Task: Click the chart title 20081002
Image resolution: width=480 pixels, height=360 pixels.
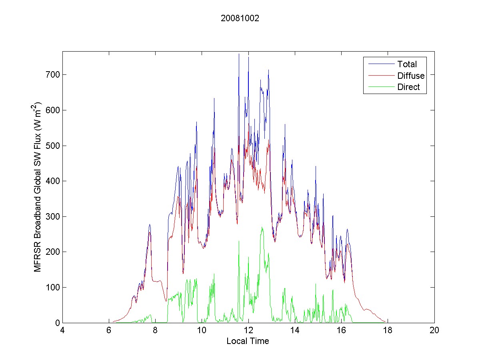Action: pyautogui.click(x=240, y=18)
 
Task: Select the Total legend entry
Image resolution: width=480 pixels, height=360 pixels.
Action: pyautogui.click(x=407, y=64)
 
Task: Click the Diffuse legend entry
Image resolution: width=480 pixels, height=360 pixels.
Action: pyautogui.click(x=411, y=76)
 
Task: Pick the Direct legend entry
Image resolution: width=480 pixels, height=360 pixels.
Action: pyautogui.click(x=408, y=88)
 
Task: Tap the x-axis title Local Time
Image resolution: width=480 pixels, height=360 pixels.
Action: pyautogui.click(x=248, y=341)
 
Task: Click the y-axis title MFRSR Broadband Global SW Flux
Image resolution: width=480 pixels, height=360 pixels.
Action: pyautogui.click(x=38, y=187)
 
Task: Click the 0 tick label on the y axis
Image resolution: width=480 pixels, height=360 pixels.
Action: pyautogui.click(x=57, y=323)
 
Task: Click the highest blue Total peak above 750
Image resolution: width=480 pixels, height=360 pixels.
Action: pyautogui.click(x=239, y=54)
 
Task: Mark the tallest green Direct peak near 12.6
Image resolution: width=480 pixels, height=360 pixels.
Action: pyautogui.click(x=262, y=227)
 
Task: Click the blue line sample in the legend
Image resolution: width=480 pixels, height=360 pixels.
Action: pyautogui.click(x=380, y=64)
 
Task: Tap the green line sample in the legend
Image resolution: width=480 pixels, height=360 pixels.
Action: pyautogui.click(x=380, y=88)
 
